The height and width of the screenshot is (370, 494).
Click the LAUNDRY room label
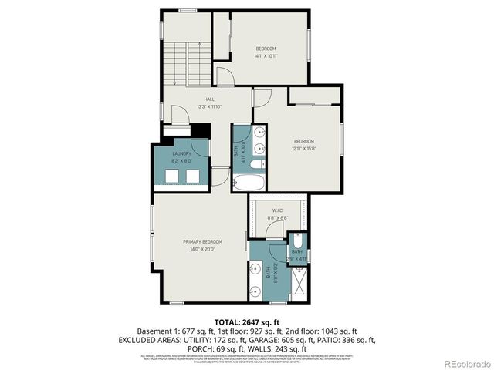click(x=181, y=153)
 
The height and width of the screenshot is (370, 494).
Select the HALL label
click(x=208, y=99)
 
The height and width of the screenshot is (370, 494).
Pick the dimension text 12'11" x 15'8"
click(x=303, y=149)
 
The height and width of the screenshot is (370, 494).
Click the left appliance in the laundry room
click(x=171, y=177)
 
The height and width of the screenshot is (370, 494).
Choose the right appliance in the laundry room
click(x=192, y=177)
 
